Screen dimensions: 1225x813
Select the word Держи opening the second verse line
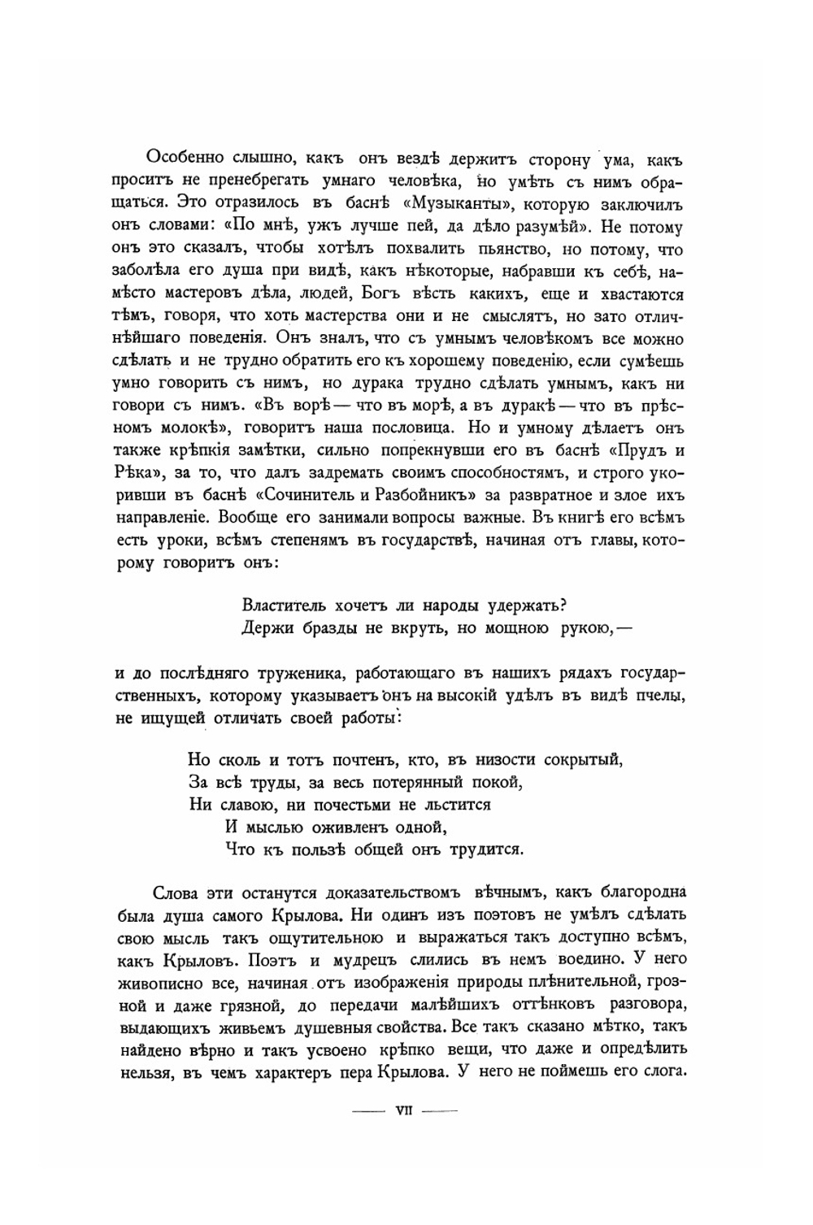coord(263,627)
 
